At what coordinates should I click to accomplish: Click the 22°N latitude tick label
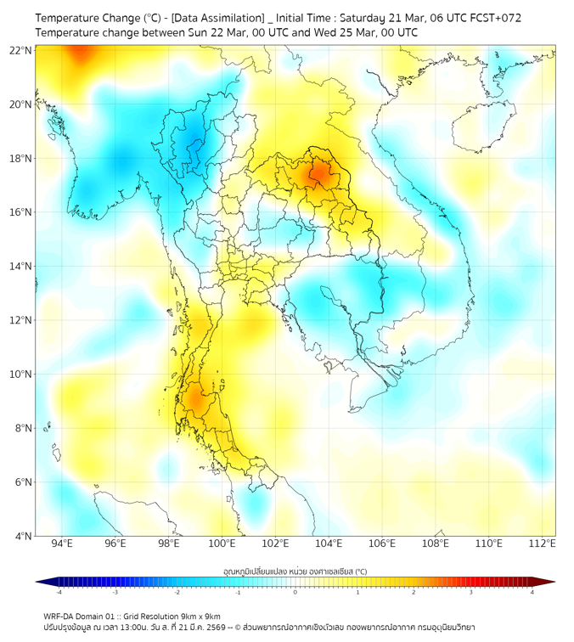(21, 51)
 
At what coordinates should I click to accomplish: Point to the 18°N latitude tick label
(21, 159)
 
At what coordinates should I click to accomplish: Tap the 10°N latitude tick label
(21, 374)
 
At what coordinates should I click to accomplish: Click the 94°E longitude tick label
(62, 543)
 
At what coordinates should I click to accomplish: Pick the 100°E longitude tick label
(222, 543)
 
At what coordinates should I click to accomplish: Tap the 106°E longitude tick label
(382, 543)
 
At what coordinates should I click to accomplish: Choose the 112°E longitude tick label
(542, 543)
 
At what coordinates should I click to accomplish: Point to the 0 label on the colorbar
(295, 592)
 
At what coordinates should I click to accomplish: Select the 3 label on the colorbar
(472, 592)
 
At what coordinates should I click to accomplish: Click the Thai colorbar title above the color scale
(295, 571)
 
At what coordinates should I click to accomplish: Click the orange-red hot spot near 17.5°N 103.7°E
(320, 173)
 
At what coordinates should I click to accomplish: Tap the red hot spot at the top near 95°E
(82, 53)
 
